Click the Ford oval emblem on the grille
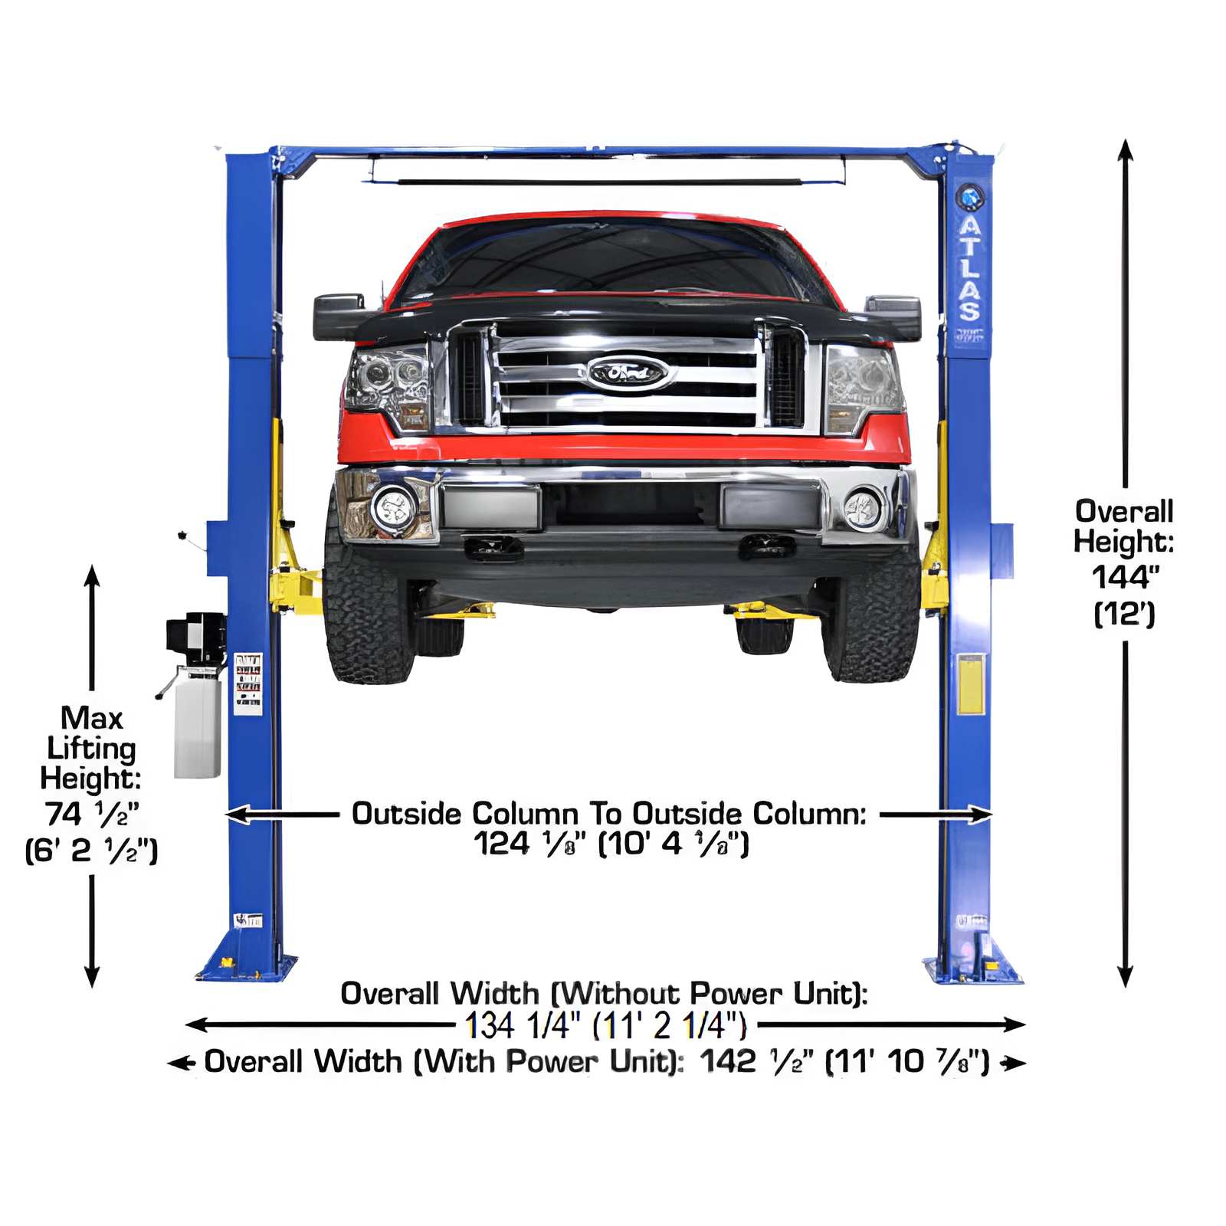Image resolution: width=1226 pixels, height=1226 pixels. click(x=628, y=373)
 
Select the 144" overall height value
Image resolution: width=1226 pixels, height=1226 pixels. click(x=1124, y=577)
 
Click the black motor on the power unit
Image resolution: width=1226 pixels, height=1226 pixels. click(x=195, y=638)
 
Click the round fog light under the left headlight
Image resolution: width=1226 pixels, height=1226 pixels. click(x=394, y=506)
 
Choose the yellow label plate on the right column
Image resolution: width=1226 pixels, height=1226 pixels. click(x=970, y=684)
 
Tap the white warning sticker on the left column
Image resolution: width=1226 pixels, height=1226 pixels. click(x=247, y=683)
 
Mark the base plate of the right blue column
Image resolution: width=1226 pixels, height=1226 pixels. click(x=972, y=969)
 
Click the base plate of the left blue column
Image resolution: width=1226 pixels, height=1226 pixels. click(x=247, y=967)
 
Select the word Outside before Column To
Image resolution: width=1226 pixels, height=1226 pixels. click(x=407, y=814)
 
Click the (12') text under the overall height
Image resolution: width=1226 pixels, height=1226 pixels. click(x=1124, y=614)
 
